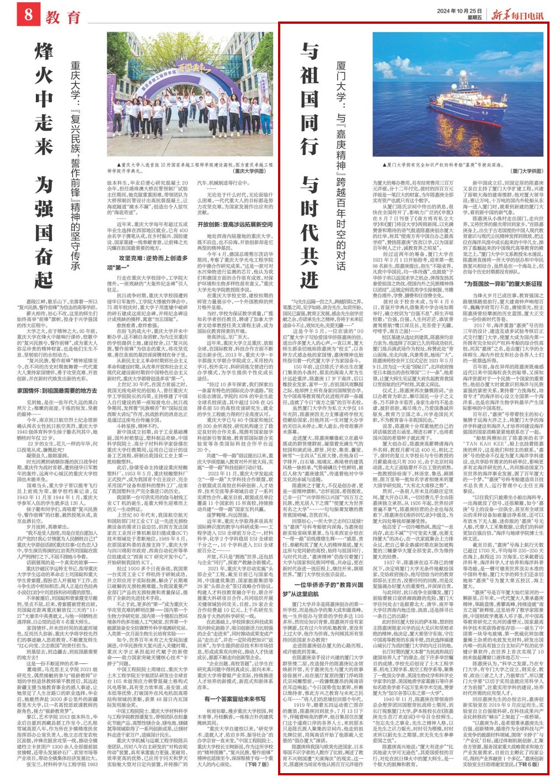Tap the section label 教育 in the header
pos(63,17)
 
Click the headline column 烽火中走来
pos(44,99)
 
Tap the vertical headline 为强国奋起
pos(44,232)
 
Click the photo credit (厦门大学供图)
pos(526,171)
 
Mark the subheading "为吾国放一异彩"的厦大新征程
pos(503,283)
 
